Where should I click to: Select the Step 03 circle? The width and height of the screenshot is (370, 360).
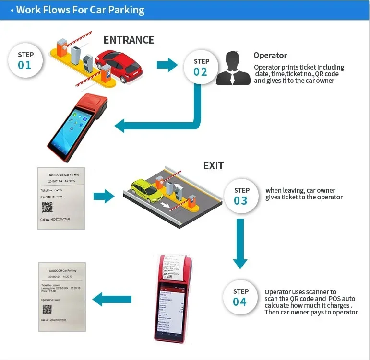click(241, 196)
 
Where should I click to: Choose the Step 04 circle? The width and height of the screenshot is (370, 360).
click(240, 297)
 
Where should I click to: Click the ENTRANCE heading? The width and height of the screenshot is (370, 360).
click(129, 40)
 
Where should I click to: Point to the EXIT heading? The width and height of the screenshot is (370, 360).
click(213, 165)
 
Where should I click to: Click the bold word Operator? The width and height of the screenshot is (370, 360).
click(270, 56)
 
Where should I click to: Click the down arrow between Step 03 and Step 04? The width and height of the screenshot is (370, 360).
click(240, 244)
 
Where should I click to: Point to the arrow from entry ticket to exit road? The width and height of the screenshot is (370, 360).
click(104, 196)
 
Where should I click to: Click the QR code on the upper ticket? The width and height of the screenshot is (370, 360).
click(47, 207)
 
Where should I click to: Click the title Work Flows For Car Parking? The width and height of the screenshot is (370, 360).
click(80, 10)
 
